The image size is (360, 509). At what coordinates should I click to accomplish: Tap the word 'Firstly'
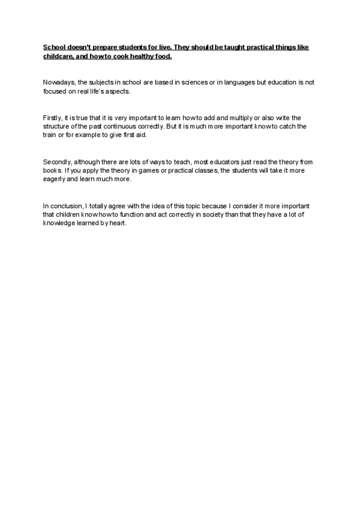(52, 118)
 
